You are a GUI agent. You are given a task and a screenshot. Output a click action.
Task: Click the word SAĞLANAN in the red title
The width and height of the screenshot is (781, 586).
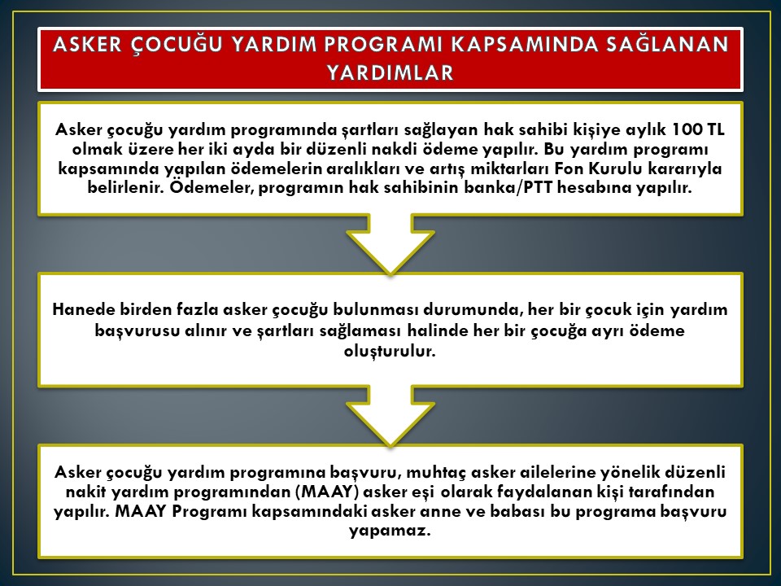pyautogui.click(x=667, y=44)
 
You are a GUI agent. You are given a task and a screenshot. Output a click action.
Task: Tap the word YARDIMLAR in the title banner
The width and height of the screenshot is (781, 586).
pyautogui.click(x=390, y=72)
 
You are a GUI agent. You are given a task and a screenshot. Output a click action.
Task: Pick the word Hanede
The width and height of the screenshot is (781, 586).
pyautogui.click(x=83, y=309)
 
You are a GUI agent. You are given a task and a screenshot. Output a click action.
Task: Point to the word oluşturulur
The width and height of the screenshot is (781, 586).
pyautogui.click(x=390, y=351)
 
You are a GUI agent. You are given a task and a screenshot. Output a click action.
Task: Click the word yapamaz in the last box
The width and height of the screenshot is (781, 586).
pyautogui.click(x=390, y=531)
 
